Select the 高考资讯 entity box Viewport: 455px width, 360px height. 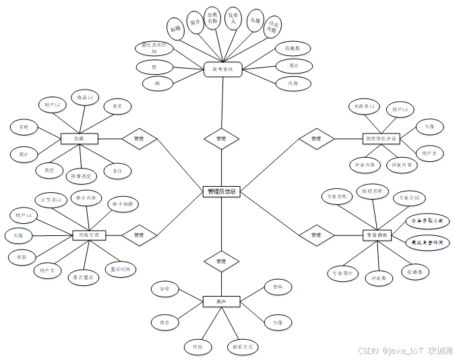tap(222, 69)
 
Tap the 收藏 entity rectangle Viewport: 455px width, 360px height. tap(80, 138)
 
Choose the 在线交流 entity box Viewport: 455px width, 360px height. tap(89, 235)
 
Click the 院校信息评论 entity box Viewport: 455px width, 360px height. tap(381, 138)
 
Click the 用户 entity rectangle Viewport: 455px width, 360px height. tap(221, 301)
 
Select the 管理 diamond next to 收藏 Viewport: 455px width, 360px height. tap(140, 138)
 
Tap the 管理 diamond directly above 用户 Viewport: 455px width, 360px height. tap(221, 261)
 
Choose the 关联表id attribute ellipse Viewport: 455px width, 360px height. tap(365, 106)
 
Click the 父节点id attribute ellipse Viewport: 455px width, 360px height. tap(51, 200)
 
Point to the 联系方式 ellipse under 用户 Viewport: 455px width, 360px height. tap(243, 347)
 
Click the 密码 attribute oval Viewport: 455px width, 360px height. tap(278, 287)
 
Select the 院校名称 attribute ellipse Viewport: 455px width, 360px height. tap(373, 191)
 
